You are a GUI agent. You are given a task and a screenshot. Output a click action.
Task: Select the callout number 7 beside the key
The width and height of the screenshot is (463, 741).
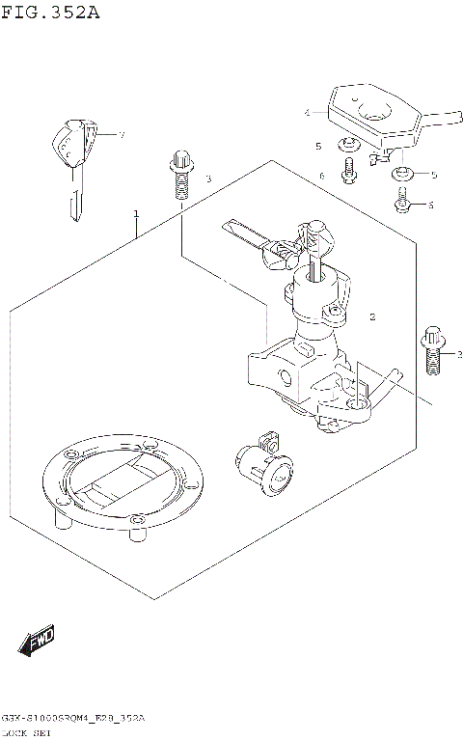(122, 134)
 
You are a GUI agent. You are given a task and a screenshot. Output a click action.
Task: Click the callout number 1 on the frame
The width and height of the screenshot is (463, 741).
(136, 212)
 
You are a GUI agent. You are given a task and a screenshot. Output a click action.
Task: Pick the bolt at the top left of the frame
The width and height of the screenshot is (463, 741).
(180, 175)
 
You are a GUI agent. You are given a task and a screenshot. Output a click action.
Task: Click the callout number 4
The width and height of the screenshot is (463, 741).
(307, 113)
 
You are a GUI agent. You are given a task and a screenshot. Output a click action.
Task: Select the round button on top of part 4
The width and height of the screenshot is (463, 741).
(356, 96)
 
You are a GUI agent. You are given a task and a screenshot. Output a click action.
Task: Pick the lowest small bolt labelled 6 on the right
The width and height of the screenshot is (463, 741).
(402, 203)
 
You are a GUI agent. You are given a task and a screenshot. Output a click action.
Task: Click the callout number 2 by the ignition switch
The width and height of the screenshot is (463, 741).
(372, 316)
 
